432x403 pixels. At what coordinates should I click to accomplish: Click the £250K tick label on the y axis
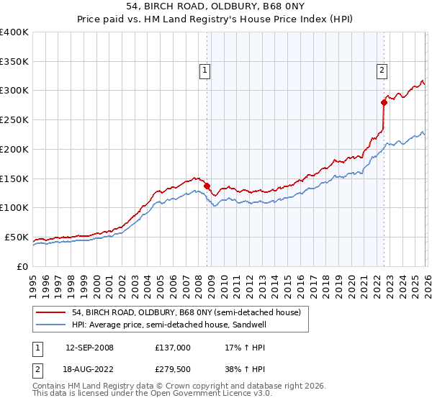click(x=14, y=120)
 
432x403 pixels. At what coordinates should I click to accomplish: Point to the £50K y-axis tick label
click(x=17, y=237)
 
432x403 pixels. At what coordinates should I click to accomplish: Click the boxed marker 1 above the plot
click(x=205, y=71)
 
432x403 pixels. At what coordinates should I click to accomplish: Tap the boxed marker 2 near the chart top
click(x=381, y=71)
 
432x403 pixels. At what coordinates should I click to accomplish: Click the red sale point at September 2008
click(x=207, y=186)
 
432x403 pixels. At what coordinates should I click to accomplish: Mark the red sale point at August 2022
click(x=384, y=102)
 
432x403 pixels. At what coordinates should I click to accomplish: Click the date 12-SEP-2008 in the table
click(x=89, y=348)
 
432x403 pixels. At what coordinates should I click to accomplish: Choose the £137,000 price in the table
click(x=172, y=348)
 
